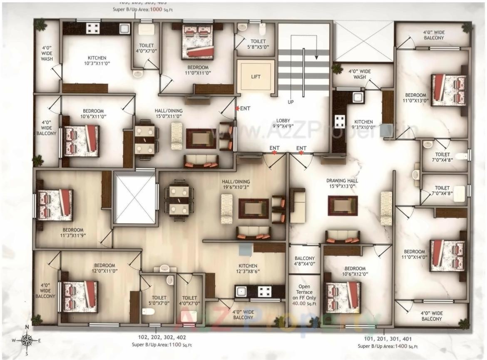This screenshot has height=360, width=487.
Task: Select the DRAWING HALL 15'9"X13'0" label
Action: [x=342, y=184]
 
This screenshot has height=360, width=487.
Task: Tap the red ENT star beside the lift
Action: [x=238, y=109]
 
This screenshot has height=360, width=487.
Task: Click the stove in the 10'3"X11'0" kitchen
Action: [x=92, y=28]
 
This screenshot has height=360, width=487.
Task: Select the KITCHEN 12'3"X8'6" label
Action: [x=248, y=269]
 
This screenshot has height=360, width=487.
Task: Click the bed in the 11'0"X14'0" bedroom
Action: [x=447, y=255]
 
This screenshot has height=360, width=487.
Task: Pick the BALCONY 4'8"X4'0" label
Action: [x=304, y=261]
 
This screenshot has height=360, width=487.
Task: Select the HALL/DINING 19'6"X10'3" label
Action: [x=237, y=184]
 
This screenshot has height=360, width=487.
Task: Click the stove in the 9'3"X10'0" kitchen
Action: [x=340, y=121]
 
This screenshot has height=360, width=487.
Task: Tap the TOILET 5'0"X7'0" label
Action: [x=159, y=300]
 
